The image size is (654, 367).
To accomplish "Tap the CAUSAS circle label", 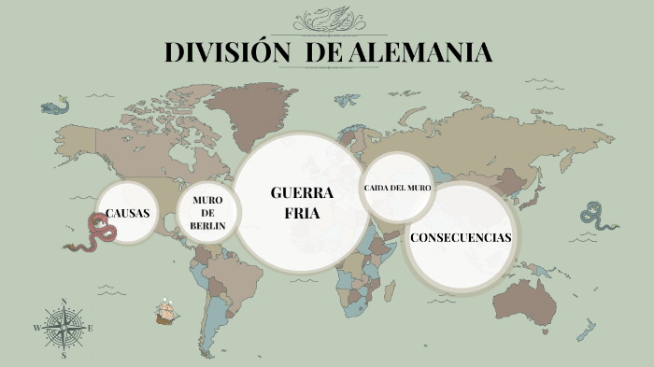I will tap(128, 213).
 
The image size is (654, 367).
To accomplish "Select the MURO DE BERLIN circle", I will tap(207, 213).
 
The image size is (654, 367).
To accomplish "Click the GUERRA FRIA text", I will tap(301, 203).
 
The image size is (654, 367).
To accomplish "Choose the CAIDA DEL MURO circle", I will tap(397, 189).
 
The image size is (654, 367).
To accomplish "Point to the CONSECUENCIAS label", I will tap(461, 237).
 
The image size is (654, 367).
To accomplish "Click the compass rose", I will tap(64, 328).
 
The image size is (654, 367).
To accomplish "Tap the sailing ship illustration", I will tap(167, 311).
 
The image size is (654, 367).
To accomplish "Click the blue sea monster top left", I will tap(54, 105).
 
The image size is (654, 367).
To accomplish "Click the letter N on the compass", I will tap(64, 302).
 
